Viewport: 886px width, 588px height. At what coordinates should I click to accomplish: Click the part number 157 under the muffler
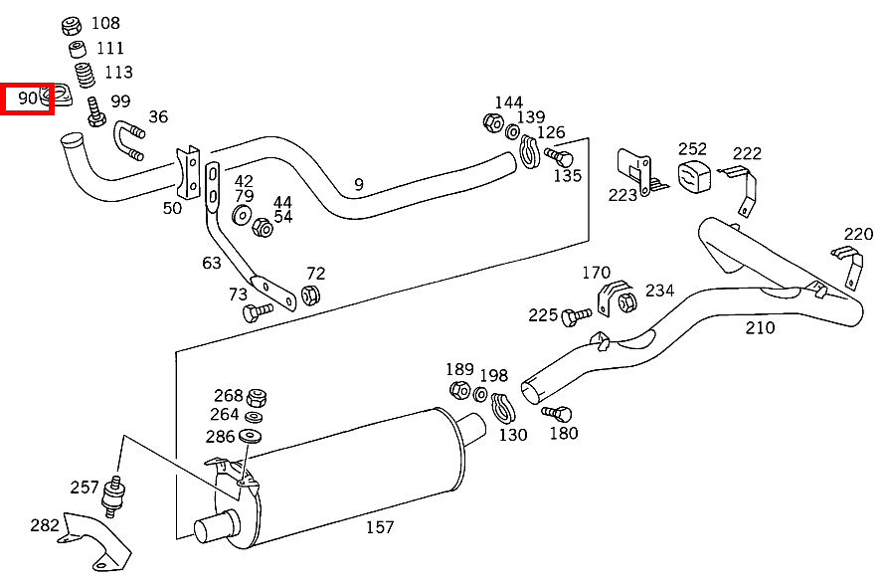[380, 527]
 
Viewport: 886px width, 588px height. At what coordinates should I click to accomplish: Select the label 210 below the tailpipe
[761, 327]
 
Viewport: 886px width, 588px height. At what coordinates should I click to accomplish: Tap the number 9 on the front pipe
[359, 184]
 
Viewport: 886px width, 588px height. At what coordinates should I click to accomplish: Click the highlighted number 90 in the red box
[28, 98]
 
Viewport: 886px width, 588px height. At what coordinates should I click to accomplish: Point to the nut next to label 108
[72, 25]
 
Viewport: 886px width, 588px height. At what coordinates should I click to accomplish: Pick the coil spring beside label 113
[88, 74]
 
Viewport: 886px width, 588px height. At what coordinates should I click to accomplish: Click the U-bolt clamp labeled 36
[129, 141]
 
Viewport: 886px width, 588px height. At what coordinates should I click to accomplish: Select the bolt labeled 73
[256, 311]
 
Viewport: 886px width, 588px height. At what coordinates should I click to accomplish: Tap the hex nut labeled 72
[309, 295]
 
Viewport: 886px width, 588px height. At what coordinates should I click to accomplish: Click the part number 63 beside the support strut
[212, 263]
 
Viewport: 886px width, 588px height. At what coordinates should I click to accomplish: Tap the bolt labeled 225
[573, 317]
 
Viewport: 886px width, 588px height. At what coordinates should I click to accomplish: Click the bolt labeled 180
[558, 413]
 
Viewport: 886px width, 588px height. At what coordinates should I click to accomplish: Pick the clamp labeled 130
[505, 408]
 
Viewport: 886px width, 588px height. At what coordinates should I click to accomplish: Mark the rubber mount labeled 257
[116, 493]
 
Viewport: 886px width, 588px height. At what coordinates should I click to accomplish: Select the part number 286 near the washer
[221, 437]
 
